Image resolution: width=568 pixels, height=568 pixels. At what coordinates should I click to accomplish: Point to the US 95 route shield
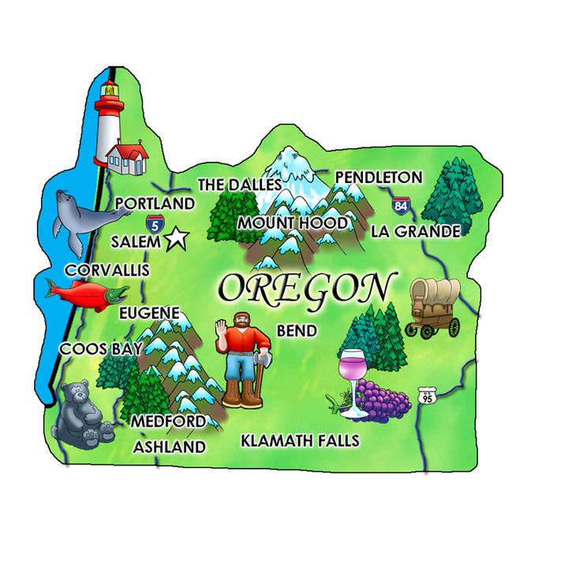coord(427,395)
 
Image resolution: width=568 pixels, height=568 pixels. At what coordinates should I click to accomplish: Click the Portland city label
coord(155,204)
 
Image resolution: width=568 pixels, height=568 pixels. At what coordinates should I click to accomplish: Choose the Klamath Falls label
coord(300,439)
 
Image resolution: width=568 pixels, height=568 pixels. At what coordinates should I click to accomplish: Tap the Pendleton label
coord(379,177)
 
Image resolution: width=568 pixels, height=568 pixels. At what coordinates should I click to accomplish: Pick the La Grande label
coord(415,231)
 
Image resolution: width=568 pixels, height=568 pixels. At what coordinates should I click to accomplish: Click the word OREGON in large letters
coord(306,289)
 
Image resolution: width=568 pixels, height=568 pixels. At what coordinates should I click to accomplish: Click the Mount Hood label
coord(293,223)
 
